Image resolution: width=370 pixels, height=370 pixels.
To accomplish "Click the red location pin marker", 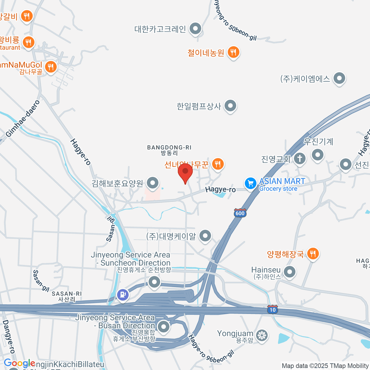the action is click(185, 171).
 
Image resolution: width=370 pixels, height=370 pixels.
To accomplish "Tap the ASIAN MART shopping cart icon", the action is click(250, 183).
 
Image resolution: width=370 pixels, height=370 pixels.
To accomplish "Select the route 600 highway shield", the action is click(240, 213).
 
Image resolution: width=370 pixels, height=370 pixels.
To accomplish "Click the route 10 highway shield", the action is click(273, 310).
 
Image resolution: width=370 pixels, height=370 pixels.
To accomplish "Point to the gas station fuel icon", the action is click(123, 295).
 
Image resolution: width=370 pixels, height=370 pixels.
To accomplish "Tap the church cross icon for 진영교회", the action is click(299, 158).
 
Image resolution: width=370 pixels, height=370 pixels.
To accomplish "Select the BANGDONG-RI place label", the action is click(169, 150).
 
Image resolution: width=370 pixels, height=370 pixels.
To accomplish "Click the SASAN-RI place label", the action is click(67, 296).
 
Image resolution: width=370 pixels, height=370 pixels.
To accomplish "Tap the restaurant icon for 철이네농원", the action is click(233, 52).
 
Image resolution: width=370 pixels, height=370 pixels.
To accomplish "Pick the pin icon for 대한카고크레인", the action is click(195, 29).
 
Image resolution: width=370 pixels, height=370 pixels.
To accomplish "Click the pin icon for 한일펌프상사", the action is click(230, 106).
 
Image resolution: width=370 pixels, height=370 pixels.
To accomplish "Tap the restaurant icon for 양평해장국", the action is click(313, 253).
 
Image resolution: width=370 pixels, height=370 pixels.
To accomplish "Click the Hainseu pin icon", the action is click(290, 272).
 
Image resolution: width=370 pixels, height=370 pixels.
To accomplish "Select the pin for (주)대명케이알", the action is click(205, 236).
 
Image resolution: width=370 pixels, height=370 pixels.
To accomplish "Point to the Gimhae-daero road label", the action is click(23, 119).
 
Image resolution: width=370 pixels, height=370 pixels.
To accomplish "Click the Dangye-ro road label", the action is click(8, 336).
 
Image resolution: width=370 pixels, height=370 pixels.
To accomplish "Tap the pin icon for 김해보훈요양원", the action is click(152, 183).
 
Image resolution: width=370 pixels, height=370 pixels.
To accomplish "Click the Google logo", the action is click(19, 363).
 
